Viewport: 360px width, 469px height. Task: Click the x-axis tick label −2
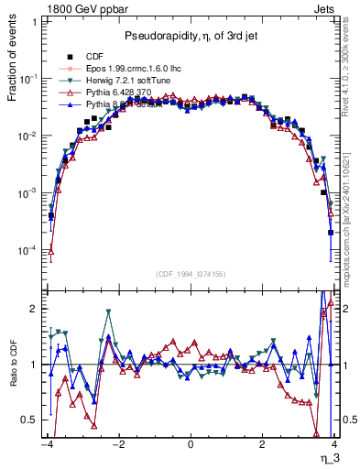pyautogui.click(x=117, y=443)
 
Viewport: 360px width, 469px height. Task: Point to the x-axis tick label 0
pyautogui.click(x=191, y=443)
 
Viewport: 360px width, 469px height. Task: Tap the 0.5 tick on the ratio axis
pyautogui.click(x=31, y=420)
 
